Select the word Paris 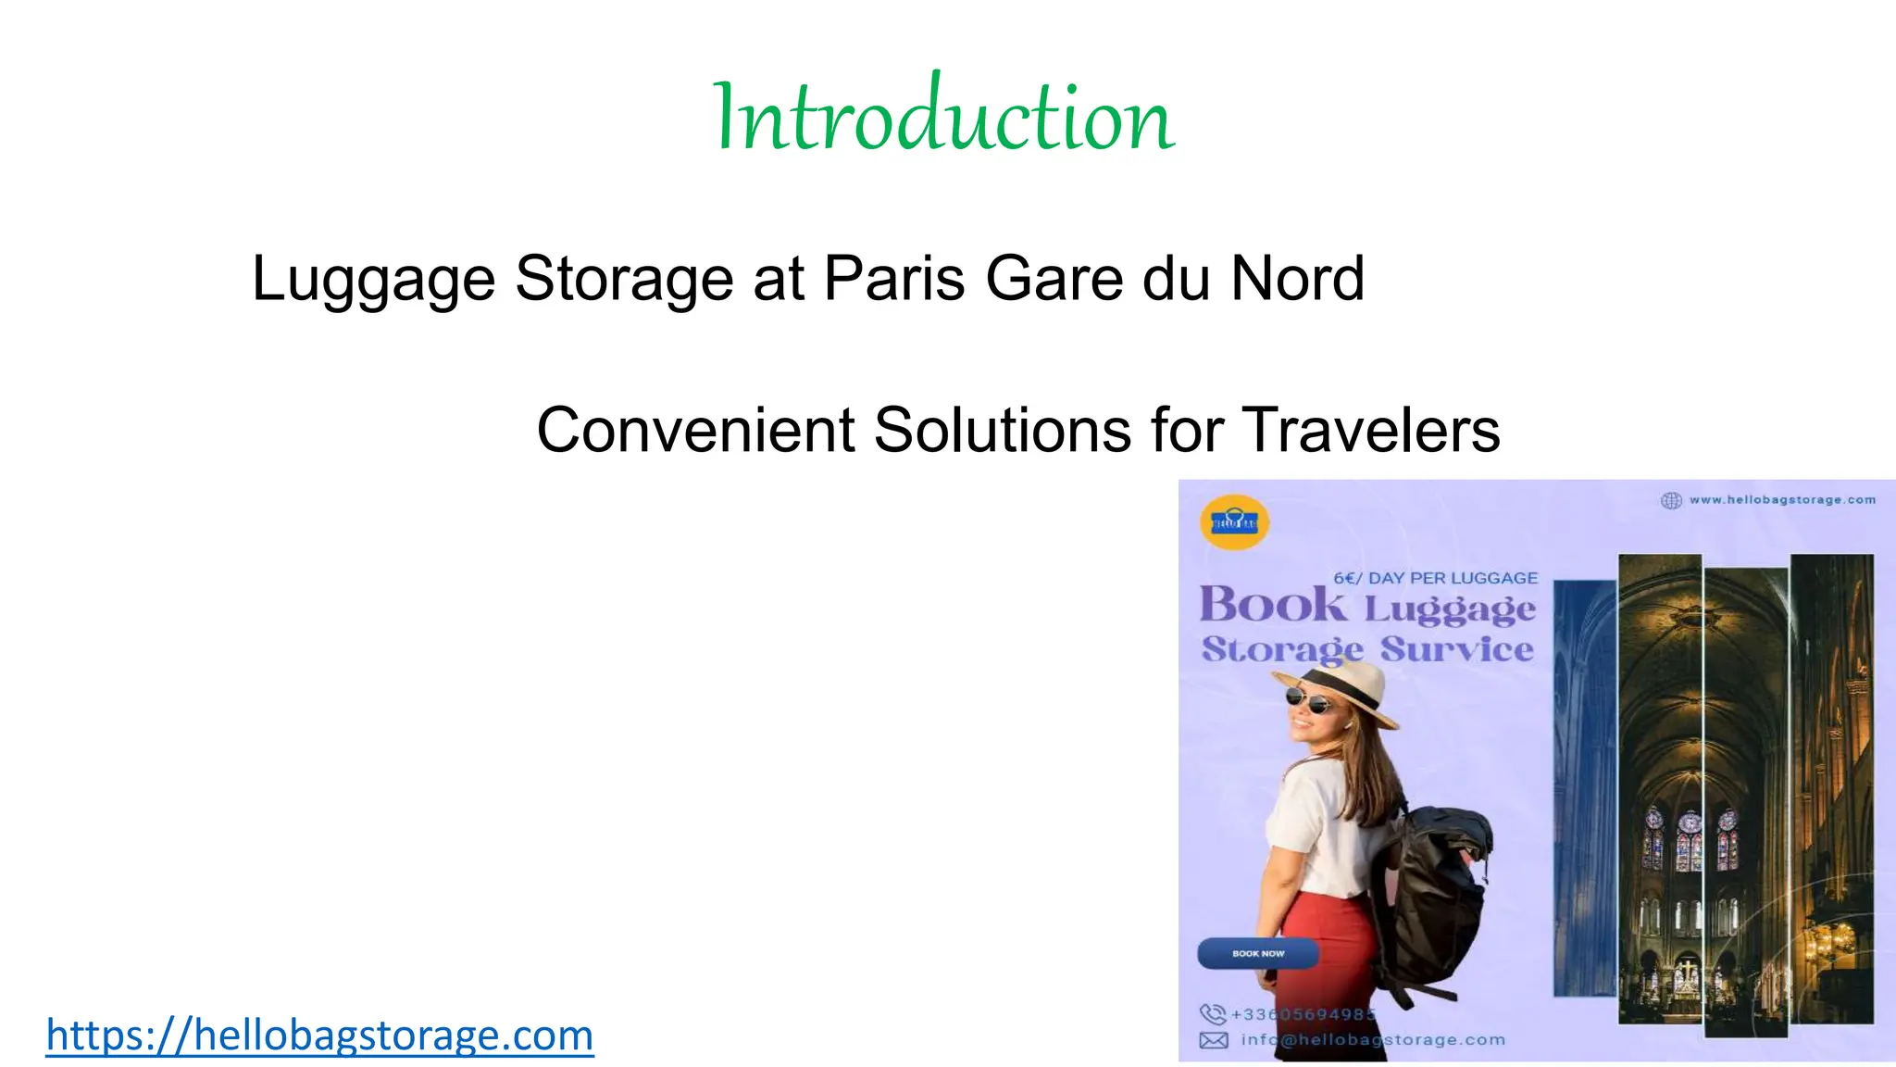pyautogui.click(x=894, y=278)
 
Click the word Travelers pyautogui.click(x=1370, y=430)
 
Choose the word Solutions pyautogui.click(x=1003, y=430)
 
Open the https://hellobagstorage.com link pyautogui.click(x=319, y=1035)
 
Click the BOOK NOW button pyautogui.click(x=1257, y=953)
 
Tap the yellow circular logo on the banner pyautogui.click(x=1234, y=522)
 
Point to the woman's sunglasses pyautogui.click(x=1308, y=701)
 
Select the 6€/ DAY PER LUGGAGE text pyautogui.click(x=1435, y=578)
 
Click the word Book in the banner pyautogui.click(x=1273, y=606)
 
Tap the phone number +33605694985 pyautogui.click(x=1303, y=1014)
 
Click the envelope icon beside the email pyautogui.click(x=1214, y=1040)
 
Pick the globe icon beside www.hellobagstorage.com pyautogui.click(x=1671, y=500)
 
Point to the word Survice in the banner pyautogui.click(x=1457, y=649)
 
